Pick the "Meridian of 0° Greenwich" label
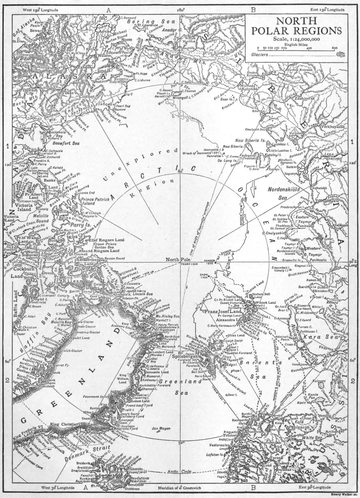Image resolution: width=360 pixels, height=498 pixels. pyautogui.click(x=178, y=488)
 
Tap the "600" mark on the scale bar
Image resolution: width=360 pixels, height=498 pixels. pyautogui.click(x=335, y=48)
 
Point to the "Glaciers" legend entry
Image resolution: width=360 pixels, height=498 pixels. pyautogui.click(x=259, y=54)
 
